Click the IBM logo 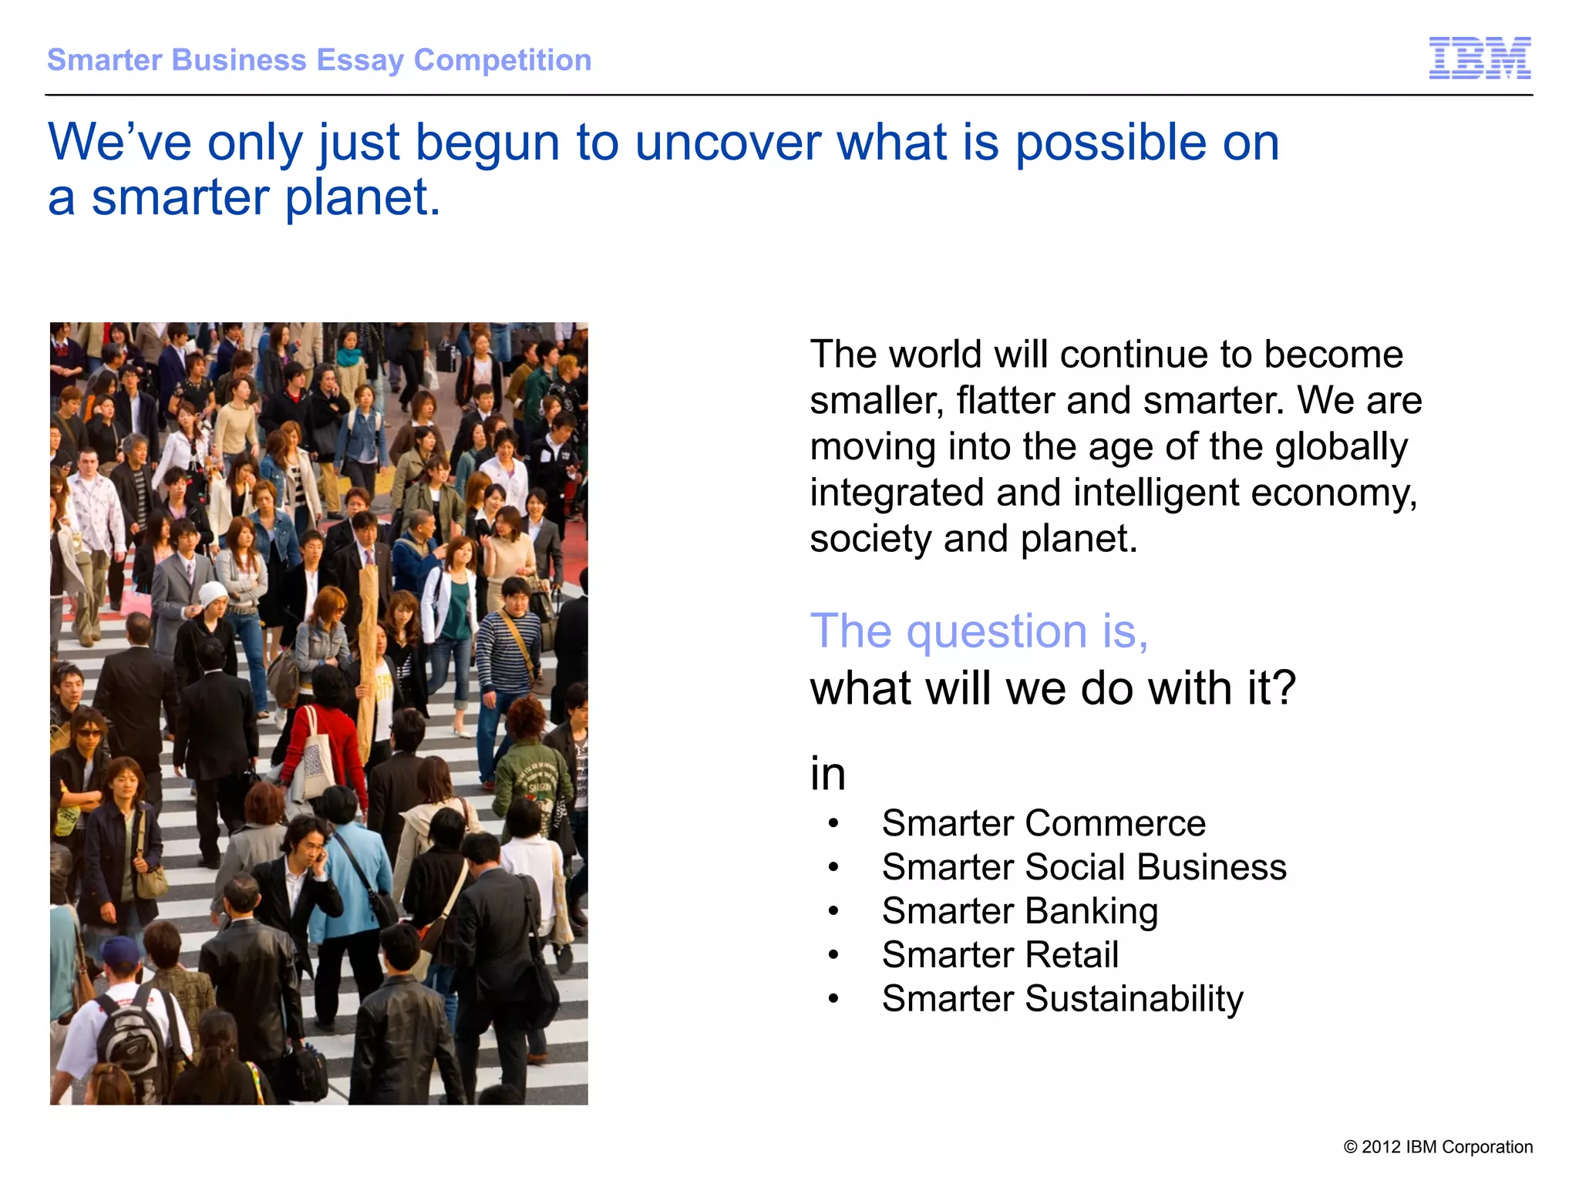pos(1480,58)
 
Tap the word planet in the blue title pos(362,198)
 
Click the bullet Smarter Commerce pos(1043,823)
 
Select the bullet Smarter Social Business pos(1083,867)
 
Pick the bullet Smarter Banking pos(1019,911)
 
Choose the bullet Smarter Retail pos(1000,955)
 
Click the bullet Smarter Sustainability pos(1062,999)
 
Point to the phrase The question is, pos(978,631)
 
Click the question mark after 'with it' pos(1284,688)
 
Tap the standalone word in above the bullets pos(827,774)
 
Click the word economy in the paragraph pos(1333,493)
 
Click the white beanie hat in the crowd pos(213,594)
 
